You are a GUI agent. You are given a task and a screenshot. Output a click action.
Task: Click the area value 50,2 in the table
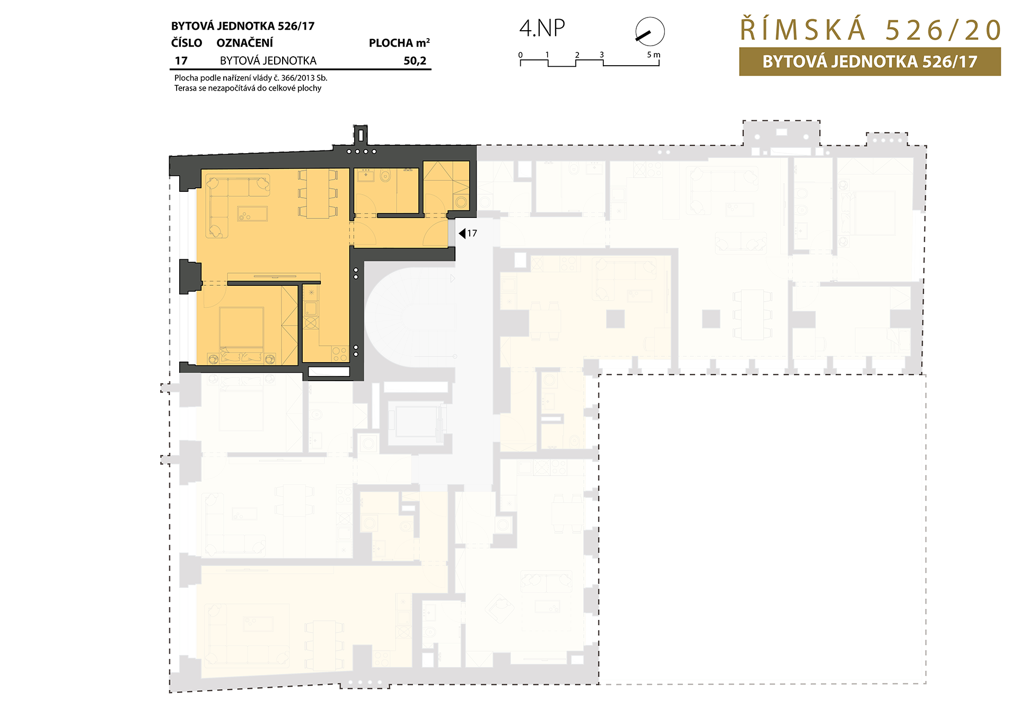click(415, 61)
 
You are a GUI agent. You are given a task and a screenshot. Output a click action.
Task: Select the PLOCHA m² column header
click(399, 43)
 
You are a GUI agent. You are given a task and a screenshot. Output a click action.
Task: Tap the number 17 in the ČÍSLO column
click(181, 61)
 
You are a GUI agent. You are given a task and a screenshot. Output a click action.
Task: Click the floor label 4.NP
click(542, 28)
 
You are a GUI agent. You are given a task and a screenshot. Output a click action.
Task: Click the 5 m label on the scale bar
click(654, 55)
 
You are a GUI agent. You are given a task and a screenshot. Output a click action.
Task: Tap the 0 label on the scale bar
click(521, 55)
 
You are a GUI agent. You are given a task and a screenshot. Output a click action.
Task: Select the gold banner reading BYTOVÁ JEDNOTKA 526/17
click(870, 62)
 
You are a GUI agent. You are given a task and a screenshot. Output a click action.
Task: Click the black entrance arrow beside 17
click(462, 233)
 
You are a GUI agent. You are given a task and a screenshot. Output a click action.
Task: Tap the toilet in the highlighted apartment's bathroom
click(385, 175)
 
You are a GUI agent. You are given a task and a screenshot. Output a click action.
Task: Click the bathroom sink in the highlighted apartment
click(365, 174)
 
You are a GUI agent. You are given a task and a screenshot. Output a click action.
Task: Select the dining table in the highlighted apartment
click(318, 194)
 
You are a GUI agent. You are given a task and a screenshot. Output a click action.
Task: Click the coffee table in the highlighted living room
click(252, 214)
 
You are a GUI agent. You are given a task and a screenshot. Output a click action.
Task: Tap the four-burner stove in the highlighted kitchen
click(340, 354)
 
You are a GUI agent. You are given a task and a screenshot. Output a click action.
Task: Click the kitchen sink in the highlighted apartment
click(311, 309)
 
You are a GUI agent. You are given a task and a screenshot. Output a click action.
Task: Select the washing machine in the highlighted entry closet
click(461, 201)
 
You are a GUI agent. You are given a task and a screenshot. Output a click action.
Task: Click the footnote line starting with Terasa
click(248, 88)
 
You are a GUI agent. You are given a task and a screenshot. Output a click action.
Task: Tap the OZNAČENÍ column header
click(245, 43)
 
